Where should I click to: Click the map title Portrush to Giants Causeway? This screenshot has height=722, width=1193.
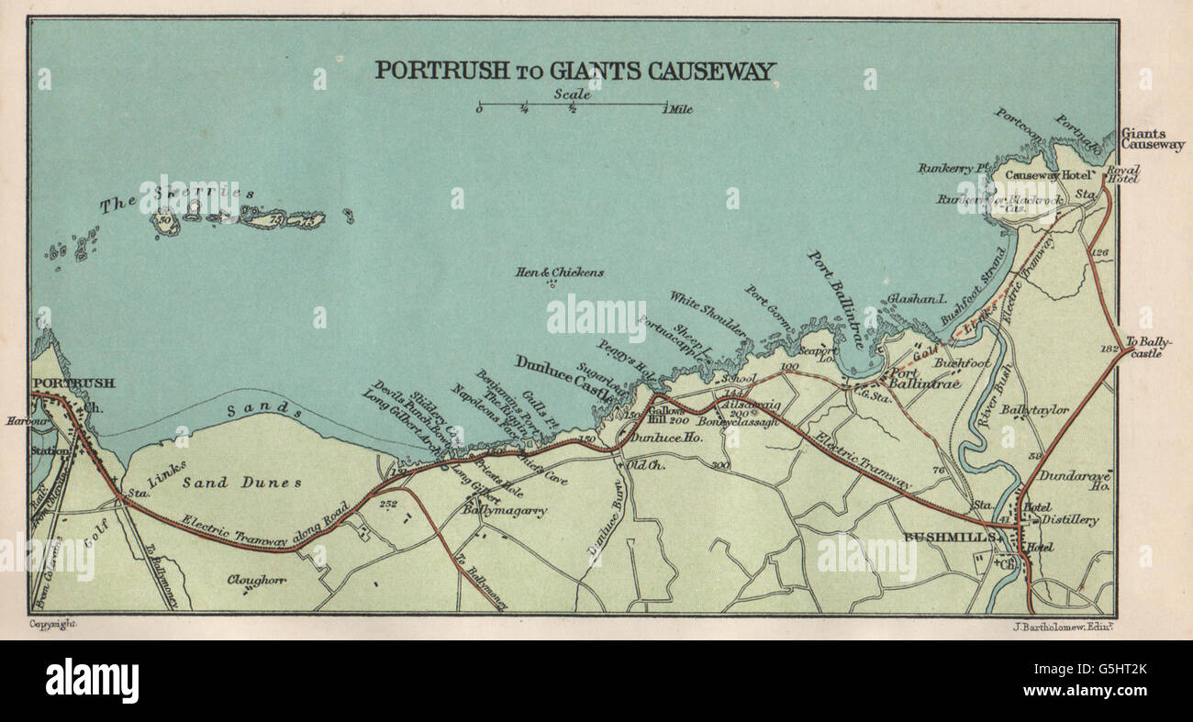pos(575,71)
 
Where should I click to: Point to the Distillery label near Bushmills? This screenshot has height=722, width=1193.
pos(1069,520)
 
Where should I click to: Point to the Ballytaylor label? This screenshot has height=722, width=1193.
pos(1034,409)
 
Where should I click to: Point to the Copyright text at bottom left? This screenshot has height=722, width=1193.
pos(53,624)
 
